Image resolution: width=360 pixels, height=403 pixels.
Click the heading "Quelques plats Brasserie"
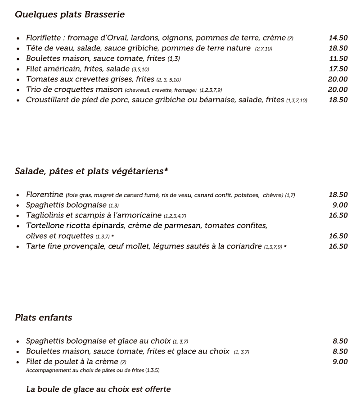pos(70,15)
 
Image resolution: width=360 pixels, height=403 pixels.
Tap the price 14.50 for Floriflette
pos(338,38)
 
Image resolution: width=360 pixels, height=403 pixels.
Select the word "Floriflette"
pos(45,38)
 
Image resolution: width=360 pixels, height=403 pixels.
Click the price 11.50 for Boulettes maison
pos(338,59)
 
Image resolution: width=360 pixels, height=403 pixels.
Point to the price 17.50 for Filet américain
pos(338,69)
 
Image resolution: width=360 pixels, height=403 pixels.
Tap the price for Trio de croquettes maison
pos(338,90)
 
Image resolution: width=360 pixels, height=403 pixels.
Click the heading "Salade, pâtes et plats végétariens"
pos(91,171)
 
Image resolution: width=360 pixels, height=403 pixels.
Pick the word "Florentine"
pos(45,195)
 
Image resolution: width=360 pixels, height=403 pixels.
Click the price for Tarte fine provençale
pos(338,246)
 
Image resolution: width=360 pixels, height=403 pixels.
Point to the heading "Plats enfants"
pos(43,318)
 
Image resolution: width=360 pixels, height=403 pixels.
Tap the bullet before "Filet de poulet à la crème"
pos(18,362)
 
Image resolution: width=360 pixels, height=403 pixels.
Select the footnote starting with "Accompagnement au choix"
pos(93,371)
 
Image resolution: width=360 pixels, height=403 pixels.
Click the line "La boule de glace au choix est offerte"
pos(99,389)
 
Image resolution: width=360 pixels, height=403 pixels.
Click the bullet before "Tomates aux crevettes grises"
pos(18,80)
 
